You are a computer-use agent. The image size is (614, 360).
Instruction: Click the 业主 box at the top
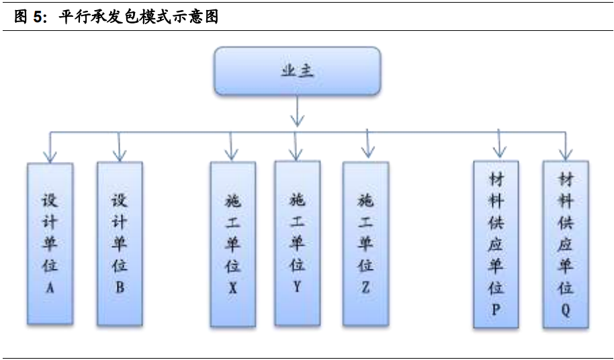pos(297,71)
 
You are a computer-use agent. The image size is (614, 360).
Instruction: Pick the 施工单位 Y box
pos(297,242)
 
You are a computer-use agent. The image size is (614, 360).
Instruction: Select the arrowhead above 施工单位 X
pos(232,154)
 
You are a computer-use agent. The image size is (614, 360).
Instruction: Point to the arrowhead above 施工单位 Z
pos(366,152)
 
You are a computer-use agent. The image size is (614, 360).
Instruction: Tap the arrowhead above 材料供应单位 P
pos(498,152)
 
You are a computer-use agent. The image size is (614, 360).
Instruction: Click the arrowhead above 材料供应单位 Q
pos(566,154)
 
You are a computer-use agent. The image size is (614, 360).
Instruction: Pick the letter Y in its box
pos(297,285)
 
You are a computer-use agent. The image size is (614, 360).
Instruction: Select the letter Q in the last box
pos(566,311)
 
